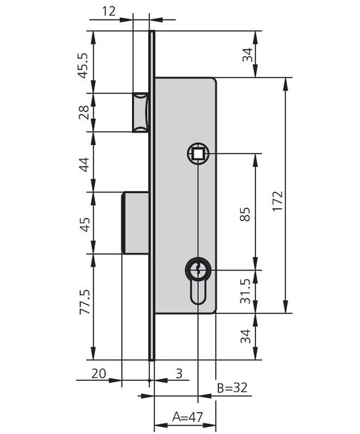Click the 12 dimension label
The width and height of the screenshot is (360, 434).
108,11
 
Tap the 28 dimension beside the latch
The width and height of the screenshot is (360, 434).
84,112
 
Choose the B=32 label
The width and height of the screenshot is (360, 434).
232,388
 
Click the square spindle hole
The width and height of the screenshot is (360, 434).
198,153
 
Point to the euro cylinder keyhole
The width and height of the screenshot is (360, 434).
198,277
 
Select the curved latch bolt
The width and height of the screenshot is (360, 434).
140,112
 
